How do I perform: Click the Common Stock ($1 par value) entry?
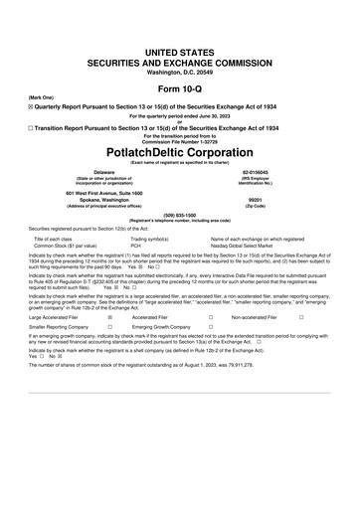coord(71,246)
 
